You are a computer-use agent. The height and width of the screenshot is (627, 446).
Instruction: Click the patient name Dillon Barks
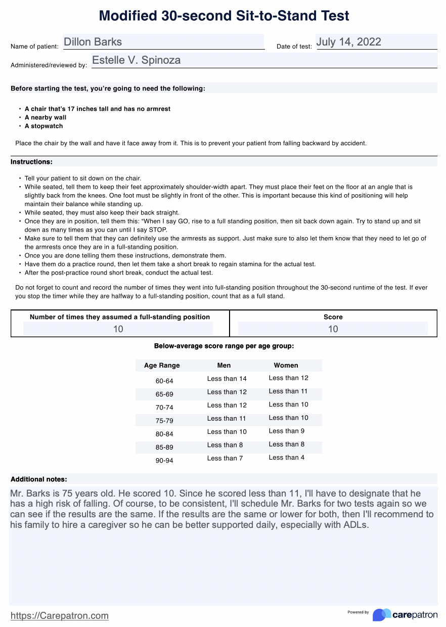pos(93,42)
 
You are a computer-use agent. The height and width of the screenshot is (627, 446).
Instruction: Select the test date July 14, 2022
pos(348,42)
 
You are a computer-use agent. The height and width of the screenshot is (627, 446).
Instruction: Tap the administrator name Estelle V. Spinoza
pos(136,61)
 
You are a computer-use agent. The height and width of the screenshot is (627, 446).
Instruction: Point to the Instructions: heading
pos(31,162)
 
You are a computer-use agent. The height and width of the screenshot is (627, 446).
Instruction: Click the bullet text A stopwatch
pos(43,126)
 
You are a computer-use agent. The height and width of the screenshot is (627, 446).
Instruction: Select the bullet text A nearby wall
pos(46,117)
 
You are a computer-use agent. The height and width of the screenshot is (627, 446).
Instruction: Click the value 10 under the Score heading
pos(333,329)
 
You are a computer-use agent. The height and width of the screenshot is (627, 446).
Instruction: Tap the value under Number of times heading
pos(118,329)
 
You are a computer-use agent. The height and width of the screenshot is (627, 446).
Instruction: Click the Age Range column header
pos(162,366)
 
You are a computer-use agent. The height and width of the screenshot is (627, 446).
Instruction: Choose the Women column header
pos(286,365)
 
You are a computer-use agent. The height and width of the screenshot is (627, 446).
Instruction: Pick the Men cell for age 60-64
pos(227,379)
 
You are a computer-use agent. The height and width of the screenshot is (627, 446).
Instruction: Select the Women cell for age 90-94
pos(286,458)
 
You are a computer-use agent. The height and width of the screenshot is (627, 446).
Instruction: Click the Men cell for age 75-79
pos(227,419)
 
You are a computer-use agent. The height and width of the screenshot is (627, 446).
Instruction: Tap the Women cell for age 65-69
pos(288,391)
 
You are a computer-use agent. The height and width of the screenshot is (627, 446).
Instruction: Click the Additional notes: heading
pos(39,479)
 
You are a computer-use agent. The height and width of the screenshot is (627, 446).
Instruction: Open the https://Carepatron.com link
pos(60,615)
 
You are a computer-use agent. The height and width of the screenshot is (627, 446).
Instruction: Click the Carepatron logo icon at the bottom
pos(382,614)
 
